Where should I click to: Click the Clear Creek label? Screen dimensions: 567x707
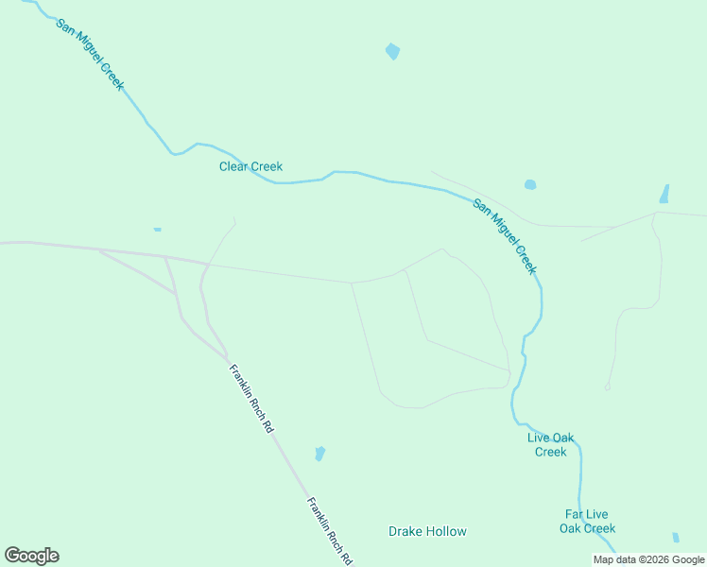(250, 167)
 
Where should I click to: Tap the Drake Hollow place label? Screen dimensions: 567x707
(427, 531)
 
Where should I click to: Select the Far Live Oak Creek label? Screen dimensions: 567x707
(586, 522)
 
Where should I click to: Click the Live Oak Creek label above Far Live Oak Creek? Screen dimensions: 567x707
(550, 444)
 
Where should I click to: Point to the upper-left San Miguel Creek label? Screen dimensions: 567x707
(89, 54)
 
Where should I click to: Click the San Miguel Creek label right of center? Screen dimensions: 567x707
(505, 236)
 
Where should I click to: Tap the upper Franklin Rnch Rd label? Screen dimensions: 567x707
(250, 398)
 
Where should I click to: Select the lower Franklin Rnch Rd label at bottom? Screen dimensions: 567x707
(329, 530)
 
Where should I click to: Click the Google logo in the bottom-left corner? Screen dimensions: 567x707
(31, 556)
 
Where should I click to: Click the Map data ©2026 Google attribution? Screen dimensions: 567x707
(648, 559)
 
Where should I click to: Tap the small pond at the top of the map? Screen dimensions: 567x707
(392, 52)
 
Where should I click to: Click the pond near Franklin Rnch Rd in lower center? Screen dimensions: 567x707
(319, 454)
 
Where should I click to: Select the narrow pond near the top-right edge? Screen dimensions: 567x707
(664, 194)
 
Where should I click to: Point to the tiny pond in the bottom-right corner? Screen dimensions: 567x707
(675, 537)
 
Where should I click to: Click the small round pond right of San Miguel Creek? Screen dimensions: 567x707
(530, 184)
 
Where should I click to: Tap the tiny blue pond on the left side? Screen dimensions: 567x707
(157, 229)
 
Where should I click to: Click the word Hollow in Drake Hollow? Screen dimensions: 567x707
(448, 531)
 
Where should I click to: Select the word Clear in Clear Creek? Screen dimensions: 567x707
(233, 167)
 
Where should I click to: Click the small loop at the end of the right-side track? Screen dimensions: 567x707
(608, 387)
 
